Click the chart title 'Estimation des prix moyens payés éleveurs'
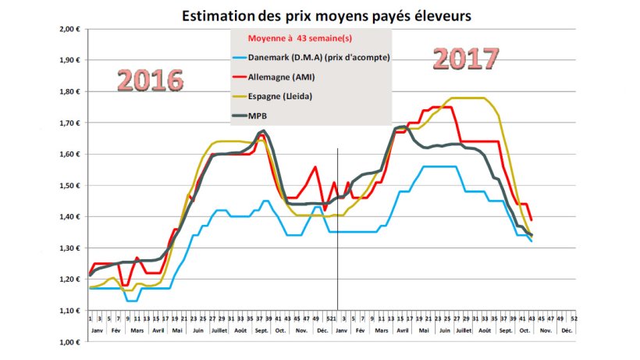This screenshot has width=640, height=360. coord(326,15)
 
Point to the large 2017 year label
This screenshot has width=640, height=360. coord(466,59)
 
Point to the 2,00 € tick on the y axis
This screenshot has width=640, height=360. coord(69,29)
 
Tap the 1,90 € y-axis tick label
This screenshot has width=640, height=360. coord(69,60)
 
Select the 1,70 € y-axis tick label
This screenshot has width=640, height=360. coord(69,123)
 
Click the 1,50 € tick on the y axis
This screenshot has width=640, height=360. coord(69,185)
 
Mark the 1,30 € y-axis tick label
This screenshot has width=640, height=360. coord(69,248)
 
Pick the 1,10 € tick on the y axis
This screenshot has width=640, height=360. coord(69,310)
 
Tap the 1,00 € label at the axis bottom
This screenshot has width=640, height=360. coord(69,341)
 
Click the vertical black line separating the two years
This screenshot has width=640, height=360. coord(337,234)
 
